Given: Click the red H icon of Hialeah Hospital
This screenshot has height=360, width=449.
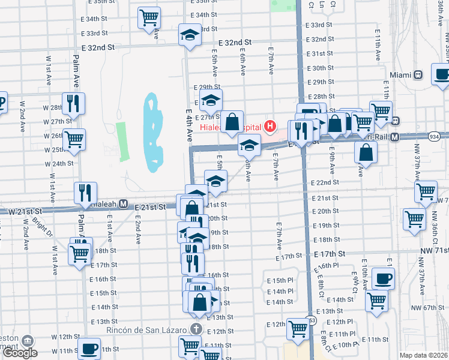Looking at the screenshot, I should click(271, 127).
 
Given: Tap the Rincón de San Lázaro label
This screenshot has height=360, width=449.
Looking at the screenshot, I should click(152, 329).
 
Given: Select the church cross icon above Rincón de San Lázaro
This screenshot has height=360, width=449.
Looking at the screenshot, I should click(196, 329).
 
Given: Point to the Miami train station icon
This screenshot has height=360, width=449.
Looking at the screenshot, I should click(418, 75).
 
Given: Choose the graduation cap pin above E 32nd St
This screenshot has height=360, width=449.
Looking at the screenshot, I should click(190, 34).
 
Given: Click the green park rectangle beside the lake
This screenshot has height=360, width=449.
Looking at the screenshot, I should click(122, 142).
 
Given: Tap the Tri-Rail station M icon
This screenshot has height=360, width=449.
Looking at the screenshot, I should click(395, 137).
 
